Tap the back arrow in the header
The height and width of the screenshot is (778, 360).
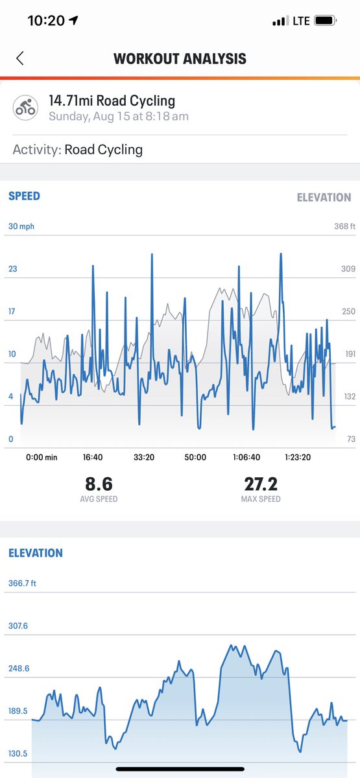[x=19, y=58]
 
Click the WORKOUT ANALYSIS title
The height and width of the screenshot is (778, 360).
[x=180, y=58]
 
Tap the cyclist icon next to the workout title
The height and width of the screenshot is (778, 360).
[x=26, y=108]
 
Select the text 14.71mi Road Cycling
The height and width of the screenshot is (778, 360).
[x=112, y=101]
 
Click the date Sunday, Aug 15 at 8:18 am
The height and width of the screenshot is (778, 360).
[x=119, y=117]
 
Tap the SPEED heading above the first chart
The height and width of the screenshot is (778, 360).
[x=24, y=196]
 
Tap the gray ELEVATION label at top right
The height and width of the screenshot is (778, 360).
[x=324, y=197]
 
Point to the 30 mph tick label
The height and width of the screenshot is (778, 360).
[x=21, y=226]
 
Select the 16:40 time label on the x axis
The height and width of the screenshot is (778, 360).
[x=93, y=457]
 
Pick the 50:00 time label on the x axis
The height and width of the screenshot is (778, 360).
[x=195, y=457]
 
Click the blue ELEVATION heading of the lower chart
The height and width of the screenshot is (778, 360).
[x=36, y=553]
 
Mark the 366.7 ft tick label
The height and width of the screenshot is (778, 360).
[x=23, y=583]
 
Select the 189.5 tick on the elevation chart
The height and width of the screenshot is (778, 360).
[x=18, y=711]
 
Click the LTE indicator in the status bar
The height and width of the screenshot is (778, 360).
[x=301, y=21]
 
